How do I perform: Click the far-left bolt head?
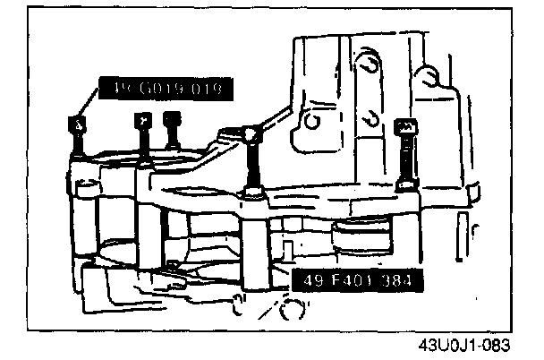tap(78, 124)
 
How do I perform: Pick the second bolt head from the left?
tap(140, 120)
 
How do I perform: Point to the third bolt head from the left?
tap(173, 119)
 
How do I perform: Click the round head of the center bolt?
tap(252, 134)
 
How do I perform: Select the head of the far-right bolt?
tap(404, 128)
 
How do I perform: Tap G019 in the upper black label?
tap(163, 88)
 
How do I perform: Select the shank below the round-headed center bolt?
tap(254, 166)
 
